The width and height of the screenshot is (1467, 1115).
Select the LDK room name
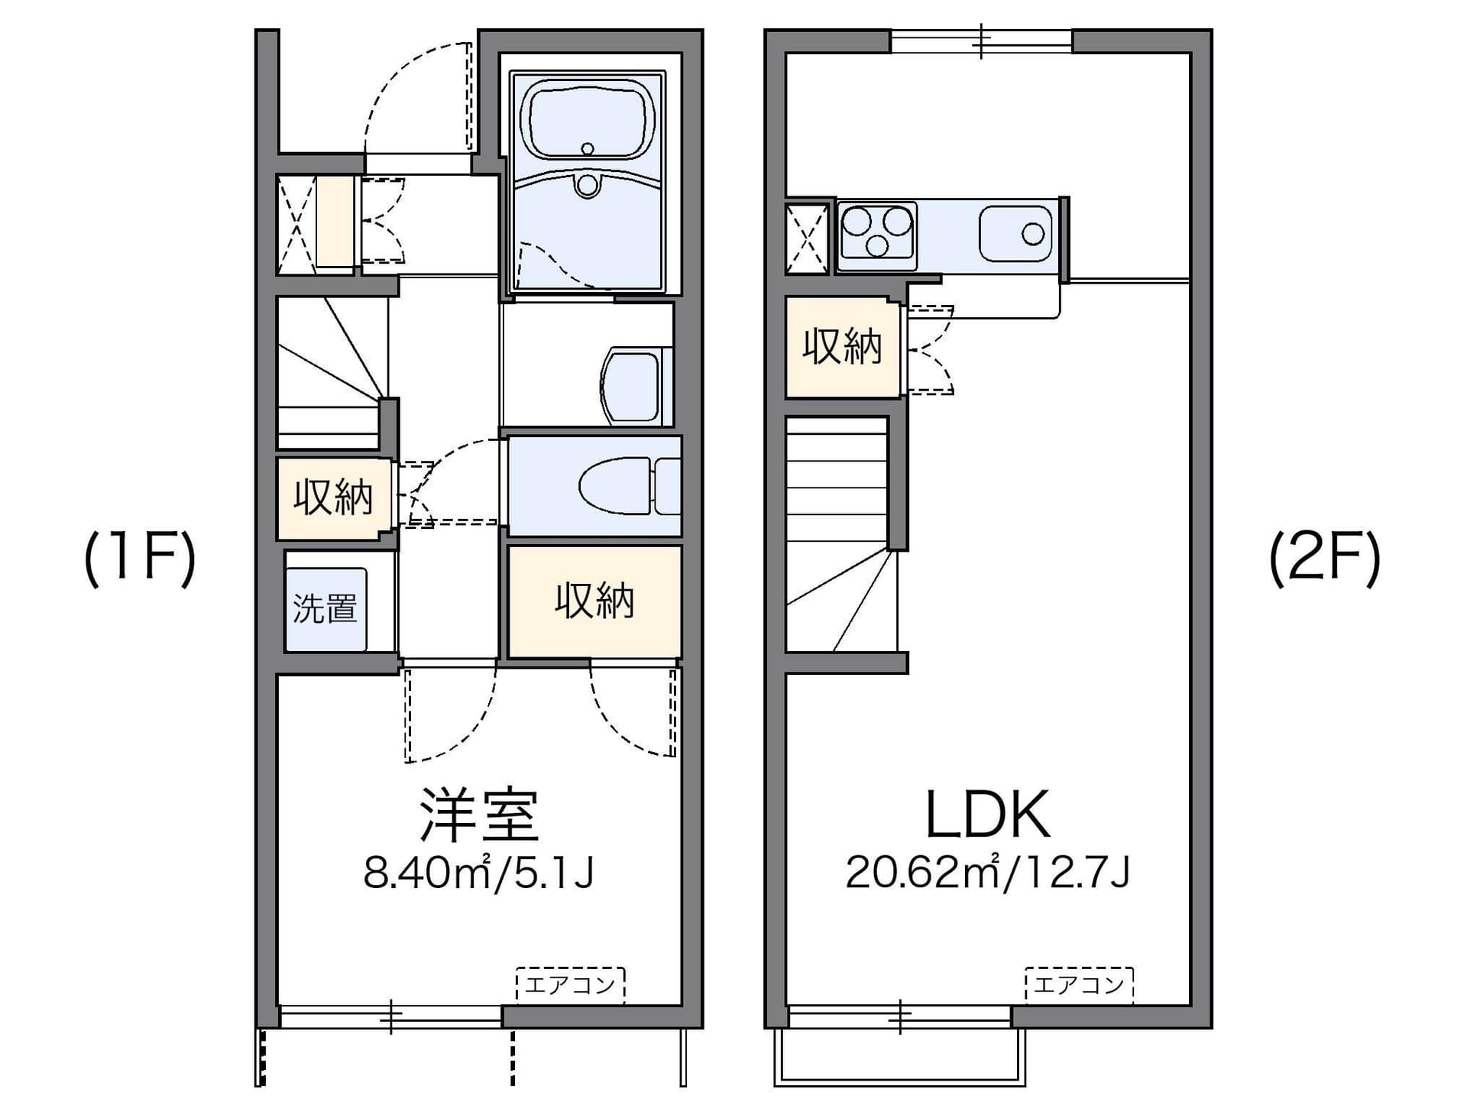(987, 815)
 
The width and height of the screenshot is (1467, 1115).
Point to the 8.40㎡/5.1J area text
(478, 873)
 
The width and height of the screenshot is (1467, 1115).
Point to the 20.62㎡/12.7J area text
(987, 873)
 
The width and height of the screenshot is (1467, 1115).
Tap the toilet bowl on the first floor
(629, 486)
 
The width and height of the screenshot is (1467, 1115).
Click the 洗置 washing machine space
(326, 609)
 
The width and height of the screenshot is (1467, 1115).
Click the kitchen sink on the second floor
(1015, 234)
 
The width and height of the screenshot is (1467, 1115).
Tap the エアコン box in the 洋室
(571, 985)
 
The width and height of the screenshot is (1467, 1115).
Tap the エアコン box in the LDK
(1079, 985)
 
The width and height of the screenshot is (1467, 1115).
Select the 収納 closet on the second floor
(843, 347)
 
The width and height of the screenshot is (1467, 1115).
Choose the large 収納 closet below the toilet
(594, 601)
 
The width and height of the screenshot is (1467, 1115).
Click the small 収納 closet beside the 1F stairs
(334, 498)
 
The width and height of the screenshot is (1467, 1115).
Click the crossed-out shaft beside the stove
(808, 238)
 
